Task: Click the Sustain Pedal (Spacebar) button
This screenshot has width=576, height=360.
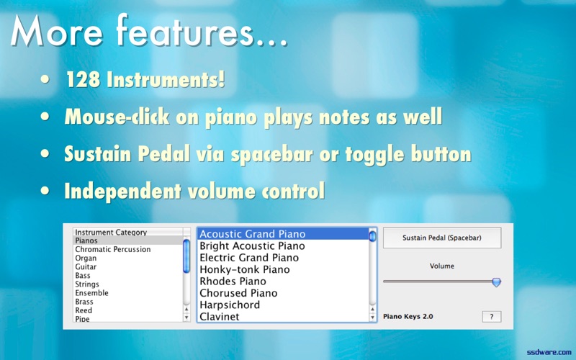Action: click(x=442, y=238)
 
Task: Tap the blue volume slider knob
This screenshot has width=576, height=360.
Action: click(x=496, y=282)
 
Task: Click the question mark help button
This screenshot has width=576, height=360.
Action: click(x=492, y=317)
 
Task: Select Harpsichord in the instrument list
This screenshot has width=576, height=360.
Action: click(x=230, y=305)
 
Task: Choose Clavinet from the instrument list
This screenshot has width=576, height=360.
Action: click(x=220, y=317)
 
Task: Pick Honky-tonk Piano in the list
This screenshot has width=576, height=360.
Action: click(x=245, y=269)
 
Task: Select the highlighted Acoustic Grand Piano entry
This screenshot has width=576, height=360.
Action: click(x=253, y=234)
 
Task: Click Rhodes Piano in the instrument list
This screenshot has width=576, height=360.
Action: click(x=233, y=282)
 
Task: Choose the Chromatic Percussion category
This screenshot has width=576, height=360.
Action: click(x=113, y=249)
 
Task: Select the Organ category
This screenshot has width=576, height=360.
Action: click(x=86, y=258)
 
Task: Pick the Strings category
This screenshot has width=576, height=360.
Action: click(x=87, y=284)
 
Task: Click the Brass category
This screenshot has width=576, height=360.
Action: click(x=84, y=302)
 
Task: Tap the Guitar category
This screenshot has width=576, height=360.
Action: click(x=86, y=267)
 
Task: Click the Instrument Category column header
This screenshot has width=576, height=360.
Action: click(x=111, y=232)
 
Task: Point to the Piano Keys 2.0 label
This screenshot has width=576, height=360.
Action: click(x=408, y=316)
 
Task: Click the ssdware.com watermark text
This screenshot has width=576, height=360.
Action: click(x=549, y=352)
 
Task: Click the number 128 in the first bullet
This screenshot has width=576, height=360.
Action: click(x=83, y=79)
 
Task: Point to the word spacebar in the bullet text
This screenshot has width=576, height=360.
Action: click(x=272, y=154)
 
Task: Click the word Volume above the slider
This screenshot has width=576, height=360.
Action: click(x=442, y=266)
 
